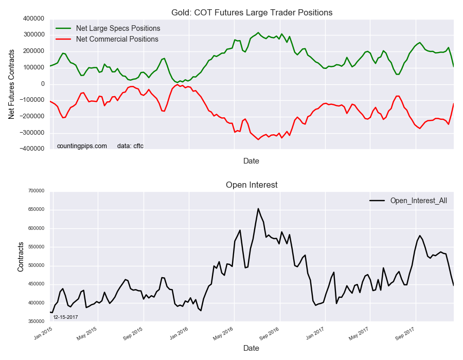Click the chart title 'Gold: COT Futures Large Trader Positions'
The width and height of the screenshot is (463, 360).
(x=251, y=12)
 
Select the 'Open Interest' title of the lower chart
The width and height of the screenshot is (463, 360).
(x=251, y=185)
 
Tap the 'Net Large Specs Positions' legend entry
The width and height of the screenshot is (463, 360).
(x=118, y=28)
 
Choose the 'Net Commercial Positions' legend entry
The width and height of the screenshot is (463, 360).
(x=117, y=39)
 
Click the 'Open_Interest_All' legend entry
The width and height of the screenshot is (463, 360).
(x=418, y=201)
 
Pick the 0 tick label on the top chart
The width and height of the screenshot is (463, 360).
(x=42, y=84)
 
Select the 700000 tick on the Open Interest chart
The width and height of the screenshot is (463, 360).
(x=36, y=191)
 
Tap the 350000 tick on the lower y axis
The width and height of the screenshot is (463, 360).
(x=36, y=321)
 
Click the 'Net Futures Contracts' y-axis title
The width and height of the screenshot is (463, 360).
(x=11, y=84)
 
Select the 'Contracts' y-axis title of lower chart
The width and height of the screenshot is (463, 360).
(x=21, y=256)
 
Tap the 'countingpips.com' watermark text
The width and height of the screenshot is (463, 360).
(x=82, y=146)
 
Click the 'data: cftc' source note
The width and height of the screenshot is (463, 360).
(x=130, y=146)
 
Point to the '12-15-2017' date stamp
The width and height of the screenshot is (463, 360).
(x=65, y=317)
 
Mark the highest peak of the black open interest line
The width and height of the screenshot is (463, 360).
(x=258, y=208)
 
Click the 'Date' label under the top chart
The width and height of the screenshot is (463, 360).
(x=251, y=161)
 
